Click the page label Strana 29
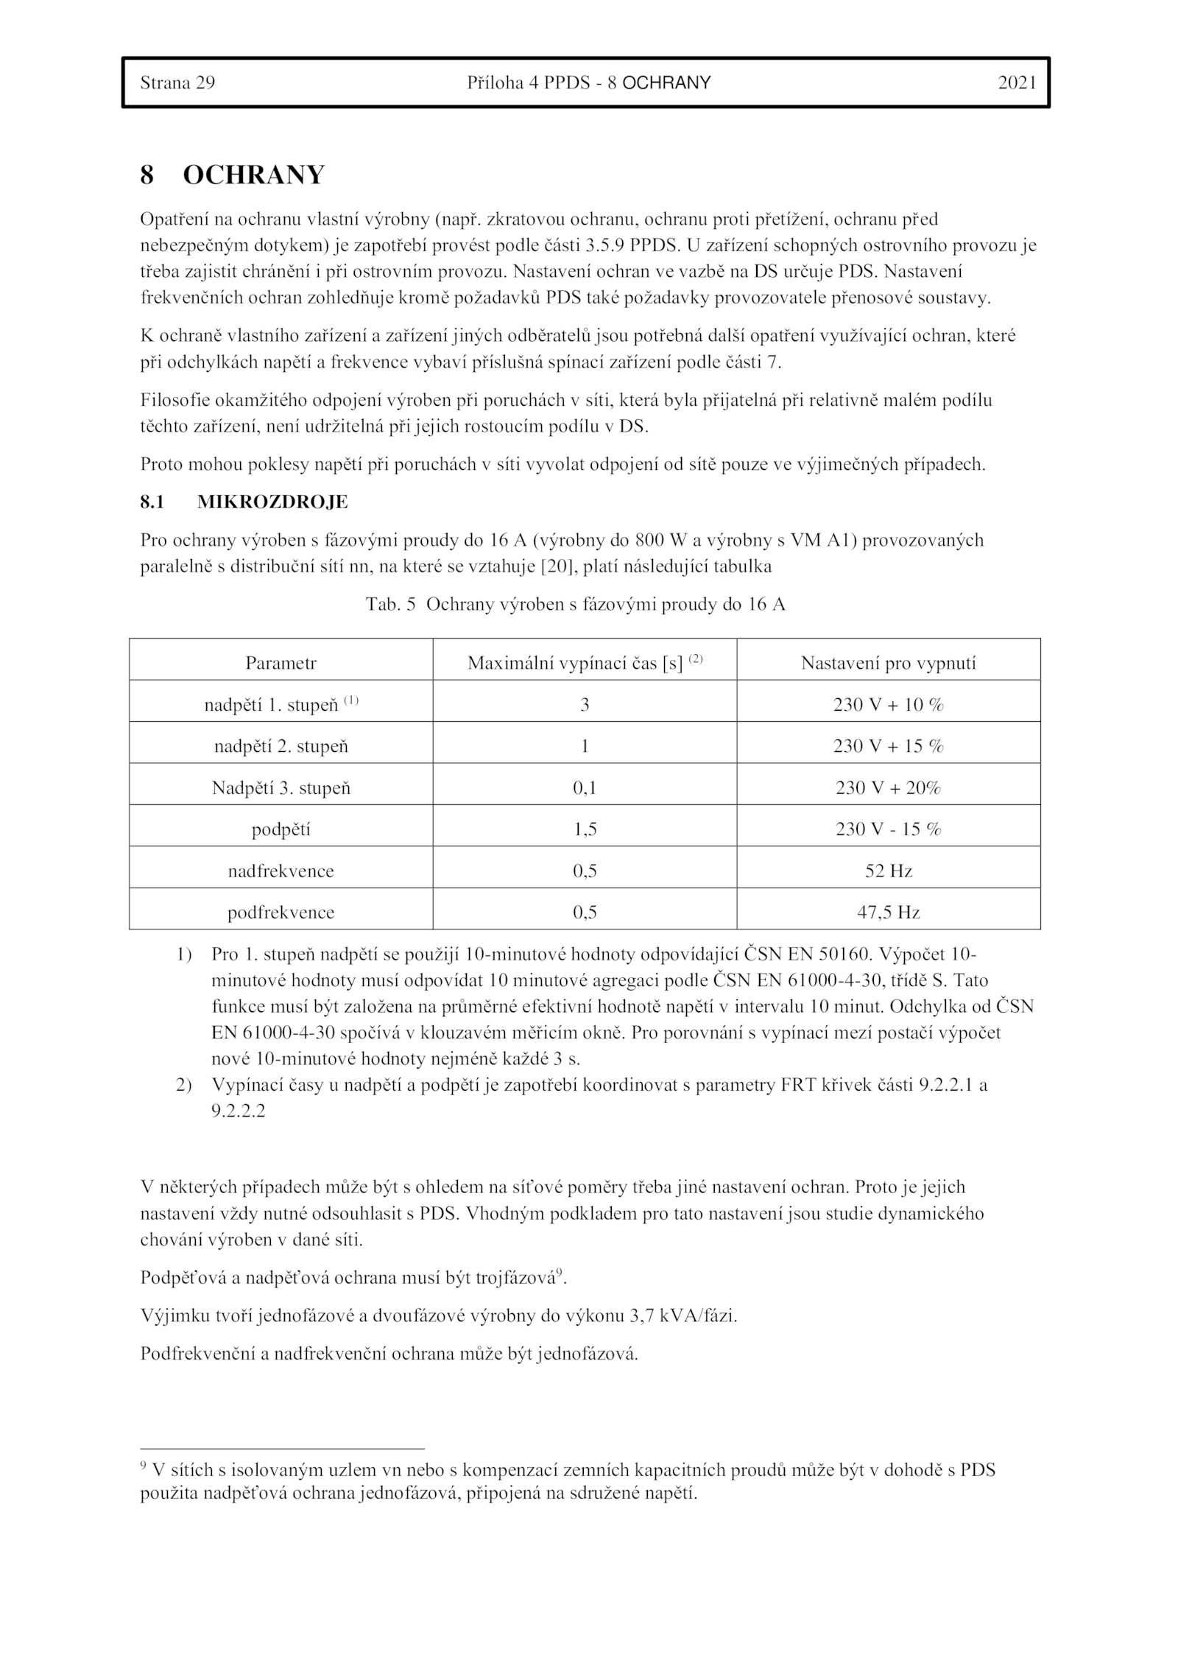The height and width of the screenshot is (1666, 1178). tap(177, 82)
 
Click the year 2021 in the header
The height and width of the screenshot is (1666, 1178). tap(1017, 82)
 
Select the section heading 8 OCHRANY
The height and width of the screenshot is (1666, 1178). tap(232, 175)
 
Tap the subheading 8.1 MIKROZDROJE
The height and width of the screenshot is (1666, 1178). tap(244, 502)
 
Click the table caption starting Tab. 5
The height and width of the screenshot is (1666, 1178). tap(576, 605)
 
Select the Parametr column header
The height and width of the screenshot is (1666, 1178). tap(281, 663)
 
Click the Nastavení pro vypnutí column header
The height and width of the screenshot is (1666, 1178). tap(888, 663)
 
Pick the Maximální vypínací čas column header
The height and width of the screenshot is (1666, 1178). tap(585, 662)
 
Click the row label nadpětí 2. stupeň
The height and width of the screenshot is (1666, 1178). tap(281, 746)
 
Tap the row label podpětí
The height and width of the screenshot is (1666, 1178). tap(281, 829)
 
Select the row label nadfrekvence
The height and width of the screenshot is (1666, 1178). tap(281, 871)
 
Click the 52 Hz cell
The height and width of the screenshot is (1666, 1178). tap(888, 871)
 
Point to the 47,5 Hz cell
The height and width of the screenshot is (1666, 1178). tap(888, 913)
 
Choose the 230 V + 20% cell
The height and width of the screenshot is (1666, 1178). tap(888, 788)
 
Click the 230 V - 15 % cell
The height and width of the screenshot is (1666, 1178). tap(888, 829)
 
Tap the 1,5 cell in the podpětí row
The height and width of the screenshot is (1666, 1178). tap(585, 829)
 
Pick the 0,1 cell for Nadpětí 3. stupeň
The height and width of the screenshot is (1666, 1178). tap(585, 788)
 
